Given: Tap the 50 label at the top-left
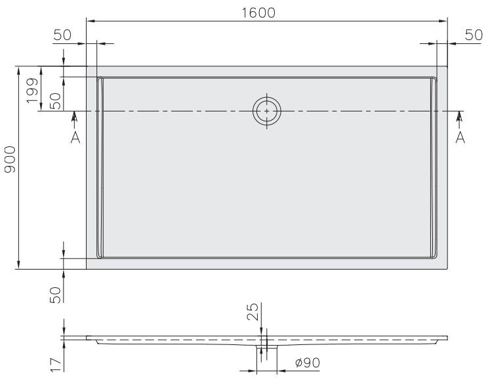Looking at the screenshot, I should click(62, 35).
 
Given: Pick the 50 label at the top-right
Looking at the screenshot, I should click(473, 35).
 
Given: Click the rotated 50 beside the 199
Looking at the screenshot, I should click(55, 100).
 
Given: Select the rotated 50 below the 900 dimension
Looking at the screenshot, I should click(55, 294).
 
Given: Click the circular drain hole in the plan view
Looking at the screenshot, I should click(267, 111).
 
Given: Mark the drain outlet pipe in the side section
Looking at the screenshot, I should click(267, 350).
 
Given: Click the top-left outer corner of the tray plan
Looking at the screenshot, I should click(87, 66).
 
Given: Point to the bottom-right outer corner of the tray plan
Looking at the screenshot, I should click(447, 269).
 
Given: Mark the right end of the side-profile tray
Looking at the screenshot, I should click(447, 338).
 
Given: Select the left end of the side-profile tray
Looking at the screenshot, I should click(87, 338).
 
